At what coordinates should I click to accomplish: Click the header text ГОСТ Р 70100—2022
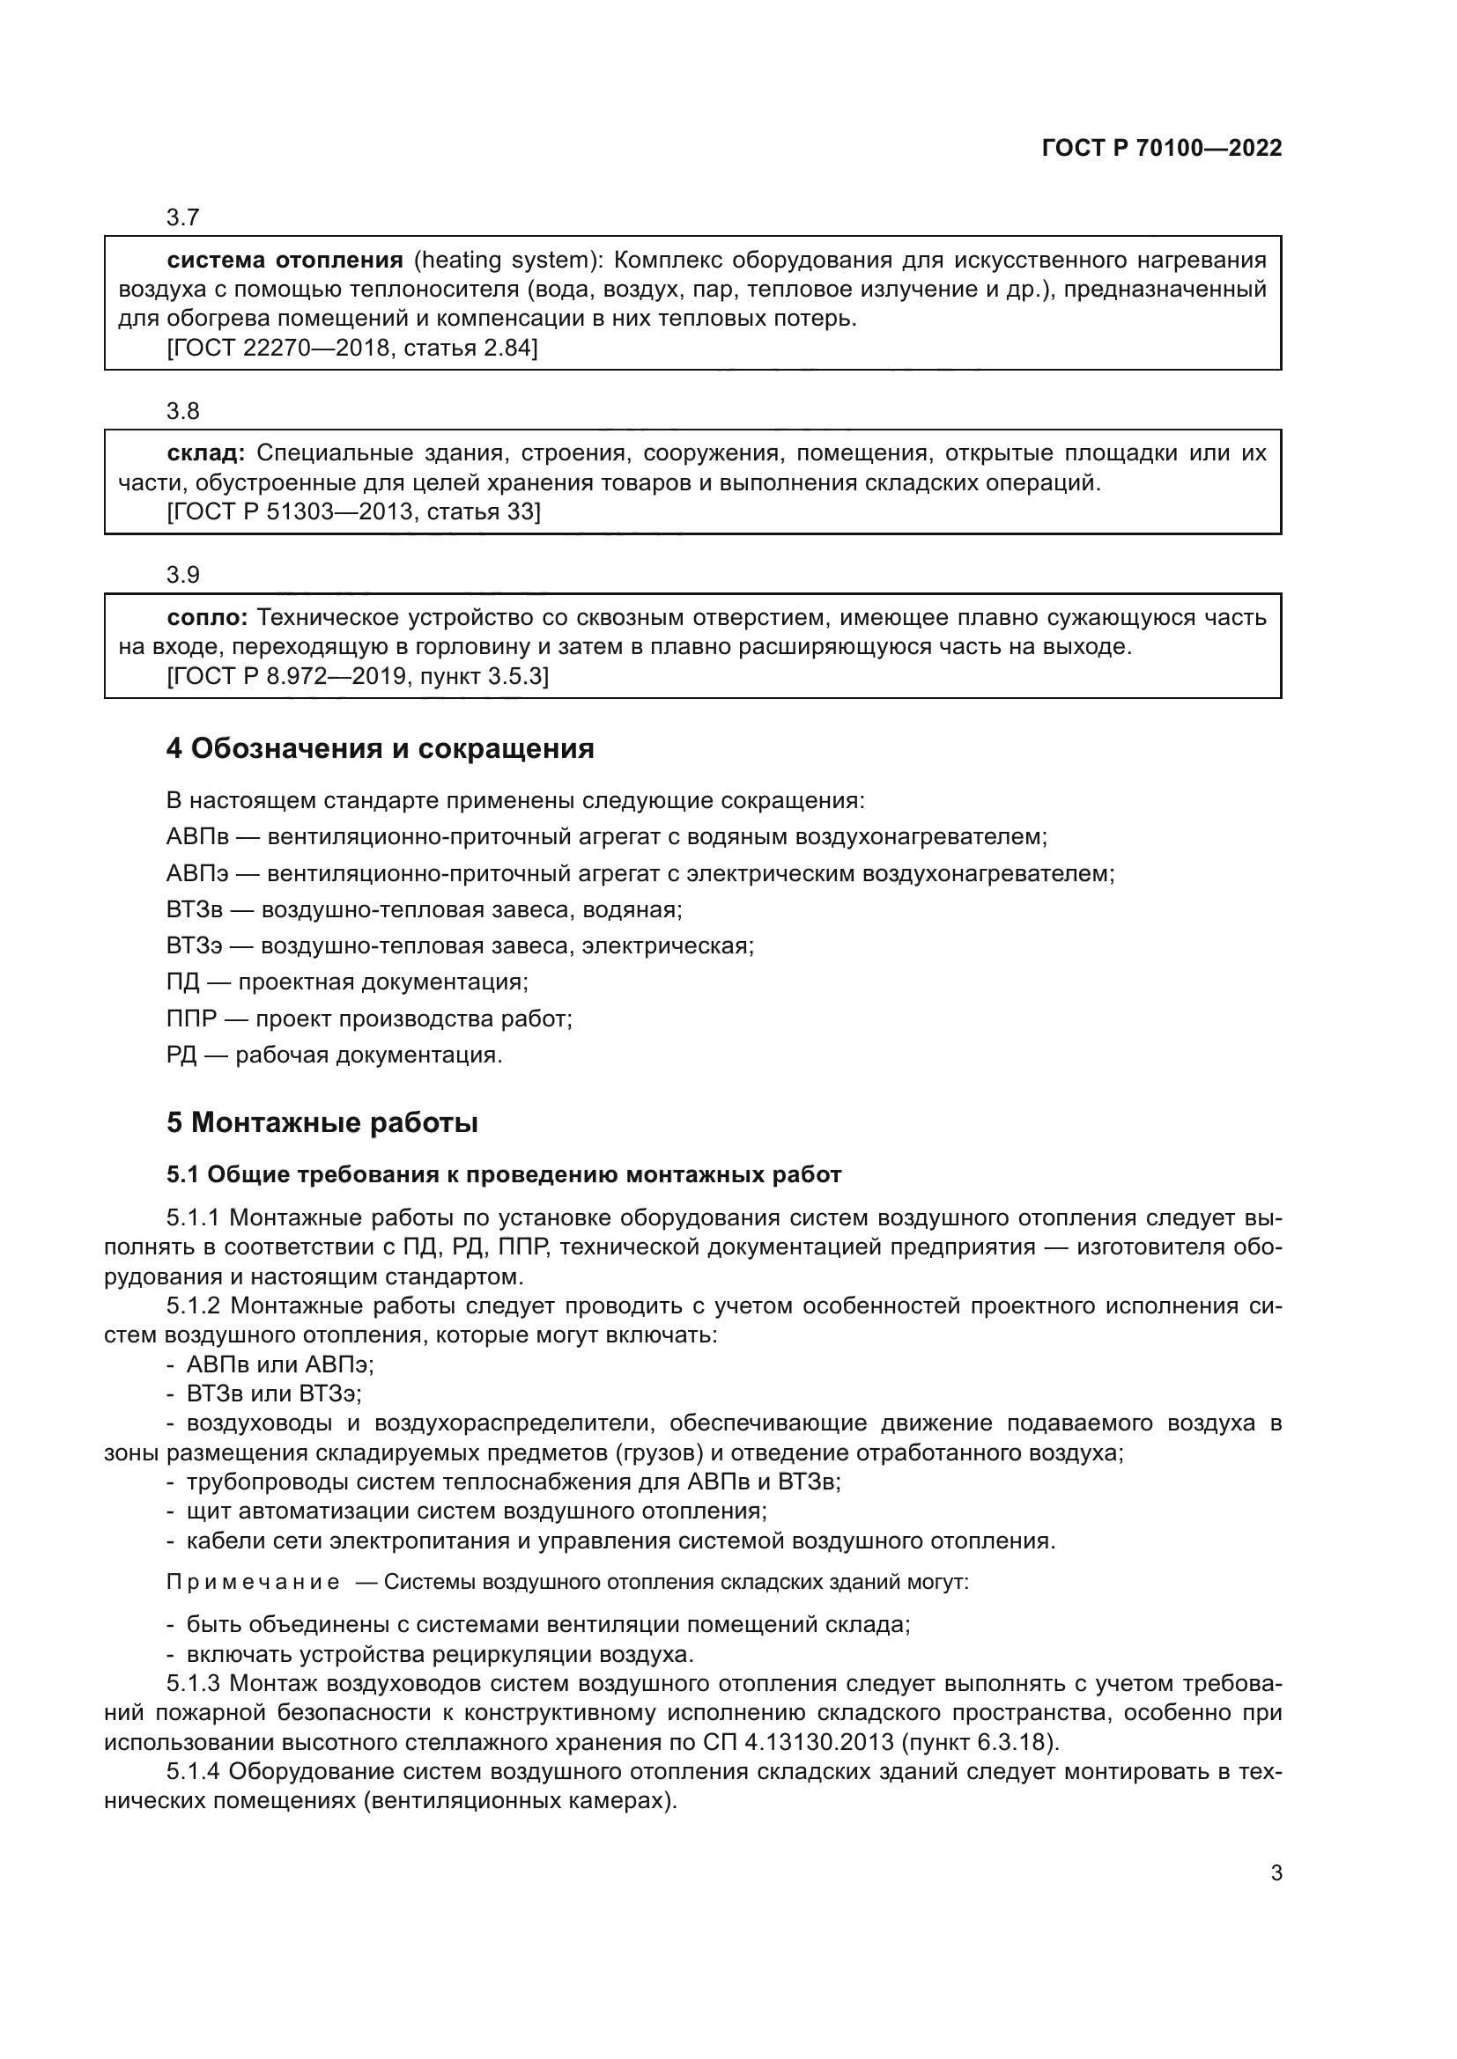1161,149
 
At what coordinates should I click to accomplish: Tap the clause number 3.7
183,218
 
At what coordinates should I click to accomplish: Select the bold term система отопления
285,261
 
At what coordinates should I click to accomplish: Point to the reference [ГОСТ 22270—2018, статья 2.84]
351,348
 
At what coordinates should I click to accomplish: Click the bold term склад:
205,453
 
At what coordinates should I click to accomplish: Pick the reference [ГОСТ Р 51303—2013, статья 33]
353,512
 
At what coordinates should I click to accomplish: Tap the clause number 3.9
183,575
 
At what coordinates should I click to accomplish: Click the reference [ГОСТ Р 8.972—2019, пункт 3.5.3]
357,676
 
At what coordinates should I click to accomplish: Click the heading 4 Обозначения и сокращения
380,749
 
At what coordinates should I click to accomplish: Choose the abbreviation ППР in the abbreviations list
191,1018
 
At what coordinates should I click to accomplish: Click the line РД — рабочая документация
334,1055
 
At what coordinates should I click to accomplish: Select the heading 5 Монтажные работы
322,1122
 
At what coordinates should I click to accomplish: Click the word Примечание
253,1582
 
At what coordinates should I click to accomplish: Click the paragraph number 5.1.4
193,1772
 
